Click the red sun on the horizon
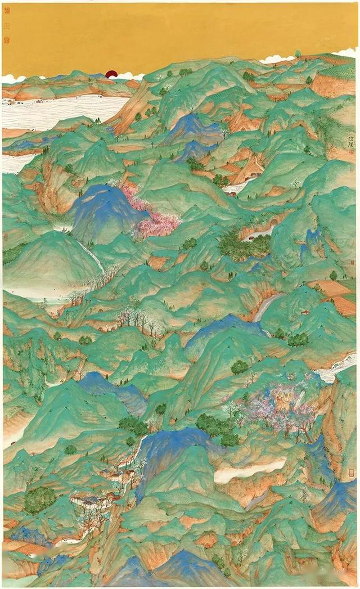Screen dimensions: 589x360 click(111, 74)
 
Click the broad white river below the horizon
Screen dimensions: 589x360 click(62, 113)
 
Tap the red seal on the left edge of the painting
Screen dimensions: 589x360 click(6, 236)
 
